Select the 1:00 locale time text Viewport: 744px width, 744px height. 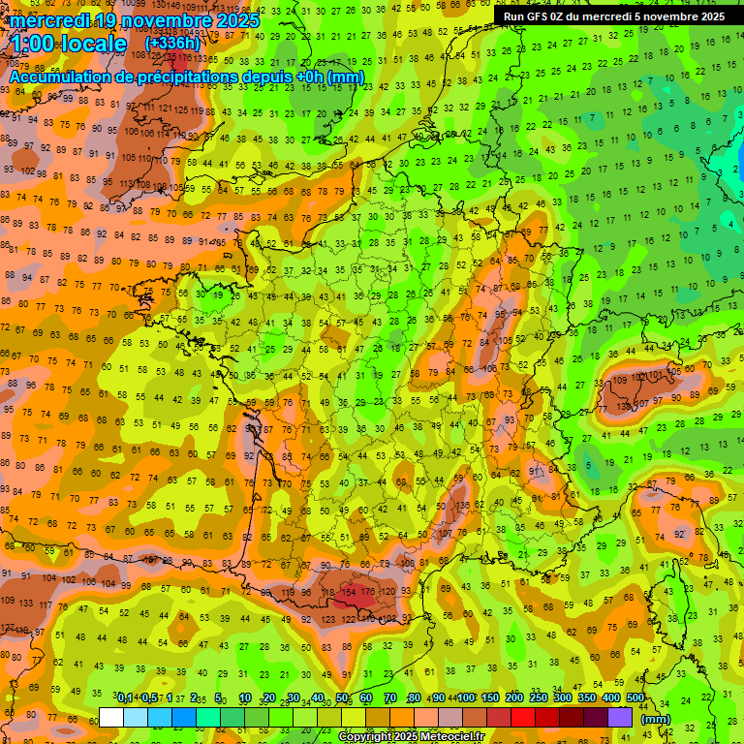click(69, 45)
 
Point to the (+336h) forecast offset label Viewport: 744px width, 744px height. click(172, 44)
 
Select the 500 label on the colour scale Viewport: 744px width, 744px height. click(635, 697)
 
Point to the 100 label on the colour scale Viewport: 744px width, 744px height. click(466, 697)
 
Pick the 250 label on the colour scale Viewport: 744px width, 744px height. click(539, 697)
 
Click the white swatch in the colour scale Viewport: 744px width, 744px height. click(111, 717)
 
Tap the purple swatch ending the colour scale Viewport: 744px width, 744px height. click(620, 717)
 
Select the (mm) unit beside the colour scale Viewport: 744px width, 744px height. click(655, 719)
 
